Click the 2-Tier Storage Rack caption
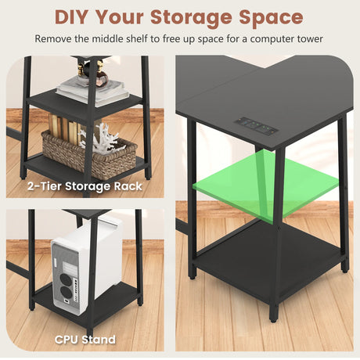[85, 186]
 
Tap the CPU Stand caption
[85, 340]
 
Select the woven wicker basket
[89, 155]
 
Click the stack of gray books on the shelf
[93, 89]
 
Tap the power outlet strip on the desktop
[257, 126]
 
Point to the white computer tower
[87, 264]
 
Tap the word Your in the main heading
[120, 17]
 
